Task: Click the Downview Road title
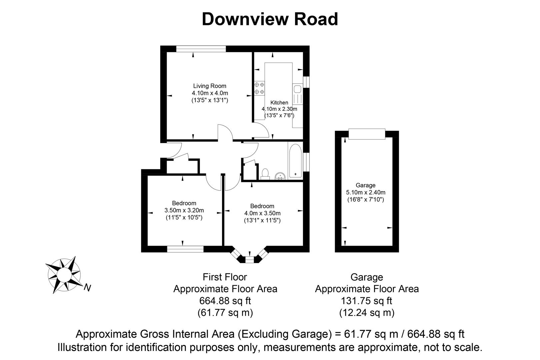tap(270, 19)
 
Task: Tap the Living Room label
tap(210, 86)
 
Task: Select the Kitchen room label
tap(279, 102)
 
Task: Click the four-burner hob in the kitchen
tap(259, 88)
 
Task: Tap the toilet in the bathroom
tap(265, 174)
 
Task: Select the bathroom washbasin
tap(280, 176)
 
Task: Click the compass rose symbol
tap(64, 275)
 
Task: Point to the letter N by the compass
tap(88, 288)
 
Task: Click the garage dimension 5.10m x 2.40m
tap(366, 192)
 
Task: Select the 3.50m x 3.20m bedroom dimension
tap(184, 210)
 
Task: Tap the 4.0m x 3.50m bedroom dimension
tap(263, 213)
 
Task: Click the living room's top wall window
tap(201, 49)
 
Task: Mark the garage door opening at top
tap(367, 134)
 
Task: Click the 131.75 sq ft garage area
tap(366, 301)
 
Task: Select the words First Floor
tap(225, 277)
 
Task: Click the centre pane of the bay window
tap(250, 260)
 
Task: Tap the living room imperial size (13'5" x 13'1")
tap(210, 100)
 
